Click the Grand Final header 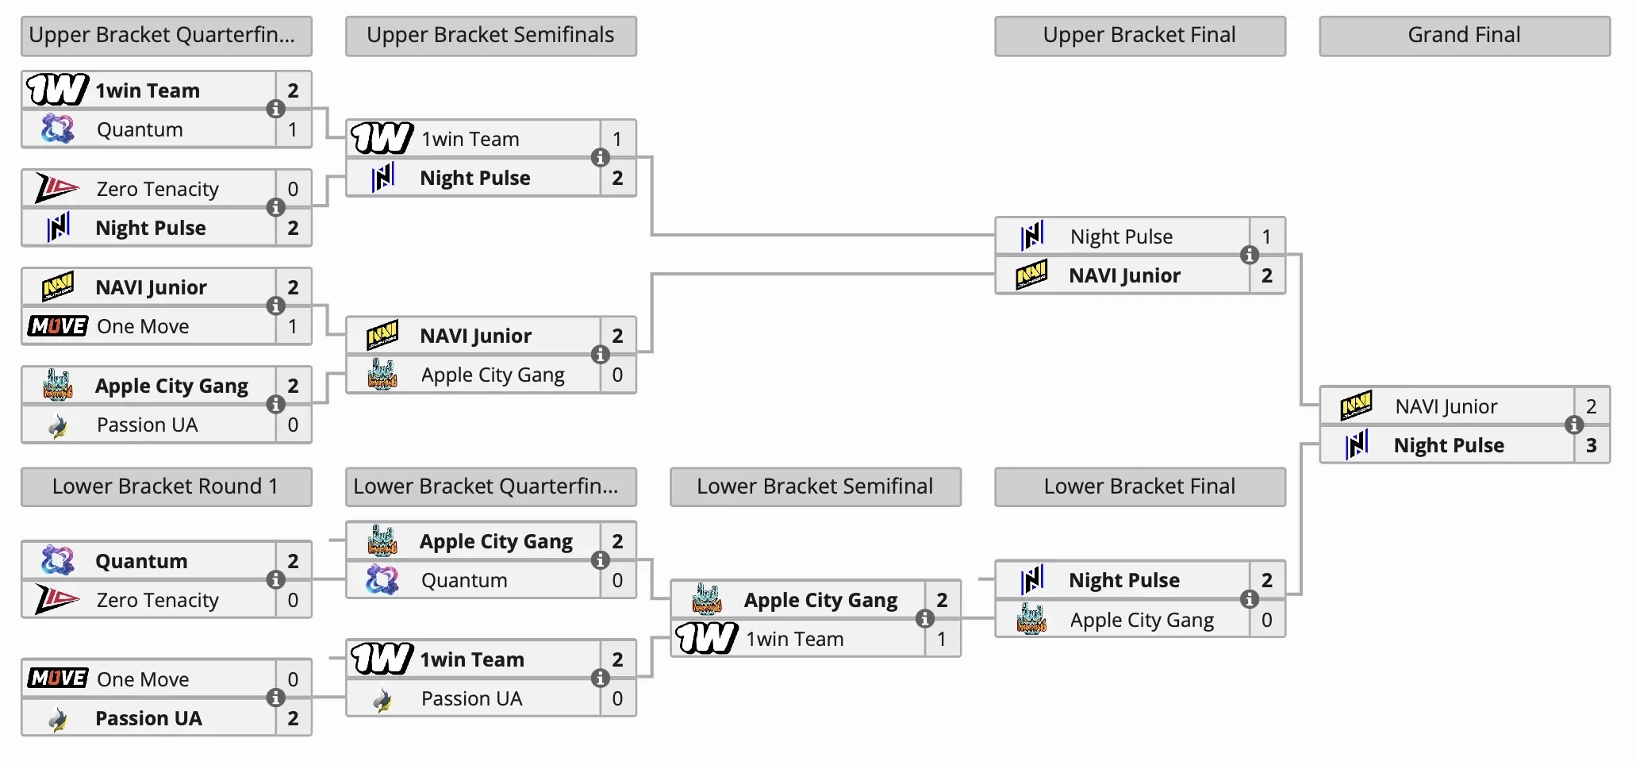tap(1464, 36)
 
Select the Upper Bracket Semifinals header tap(490, 36)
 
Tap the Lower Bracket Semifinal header tap(815, 486)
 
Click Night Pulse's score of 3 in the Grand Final tap(1591, 445)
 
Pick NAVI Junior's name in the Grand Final tap(1446, 406)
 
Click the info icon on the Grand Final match tap(1574, 425)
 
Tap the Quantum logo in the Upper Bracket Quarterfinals tap(58, 129)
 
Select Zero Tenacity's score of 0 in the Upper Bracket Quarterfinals tap(293, 189)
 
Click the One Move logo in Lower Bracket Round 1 tap(57, 679)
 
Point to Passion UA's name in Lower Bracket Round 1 tap(148, 718)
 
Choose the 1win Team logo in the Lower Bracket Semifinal tap(706, 638)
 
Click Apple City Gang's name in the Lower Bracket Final tap(1141, 620)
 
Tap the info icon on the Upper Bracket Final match tap(1250, 255)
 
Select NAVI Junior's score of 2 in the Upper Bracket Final tap(1266, 275)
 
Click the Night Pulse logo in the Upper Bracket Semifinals tap(383, 178)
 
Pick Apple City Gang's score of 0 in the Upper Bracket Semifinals tap(617, 375)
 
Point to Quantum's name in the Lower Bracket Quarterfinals tap(464, 580)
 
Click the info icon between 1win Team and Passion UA tap(601, 678)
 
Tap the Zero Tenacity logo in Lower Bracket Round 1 tap(57, 599)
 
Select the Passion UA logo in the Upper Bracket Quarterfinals tap(58, 426)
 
